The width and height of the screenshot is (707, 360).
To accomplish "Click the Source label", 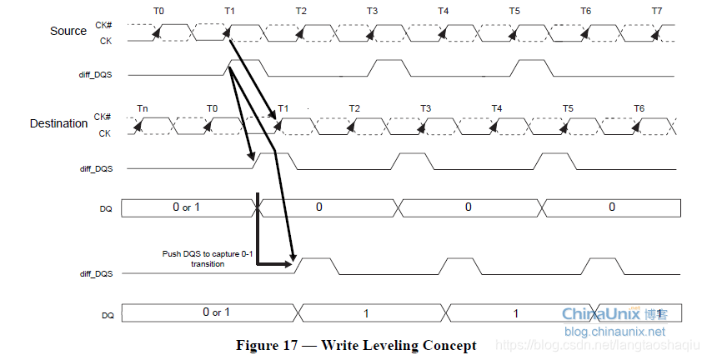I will coord(68,31).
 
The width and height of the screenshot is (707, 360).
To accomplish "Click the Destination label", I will coord(58,123).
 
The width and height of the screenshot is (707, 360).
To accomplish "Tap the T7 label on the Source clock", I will coord(657,11).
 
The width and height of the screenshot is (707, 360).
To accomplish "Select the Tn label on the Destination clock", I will coord(143,108).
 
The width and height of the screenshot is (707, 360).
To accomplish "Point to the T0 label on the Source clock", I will coord(159,11).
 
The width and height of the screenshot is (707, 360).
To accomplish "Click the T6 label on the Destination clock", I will coord(639,108).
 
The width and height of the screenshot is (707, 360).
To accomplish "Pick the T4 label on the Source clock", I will coord(443,11).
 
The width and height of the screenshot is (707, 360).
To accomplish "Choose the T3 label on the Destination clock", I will coord(425,108).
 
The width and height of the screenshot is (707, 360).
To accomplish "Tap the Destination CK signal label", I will coord(105,133).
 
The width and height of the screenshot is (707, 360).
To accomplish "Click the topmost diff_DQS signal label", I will coord(95,74).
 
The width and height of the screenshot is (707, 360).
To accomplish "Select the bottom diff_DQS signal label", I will coord(95,273).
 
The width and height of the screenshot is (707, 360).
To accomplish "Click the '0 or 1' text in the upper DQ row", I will coord(187,207).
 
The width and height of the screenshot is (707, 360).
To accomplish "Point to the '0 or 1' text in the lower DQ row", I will coord(217,312).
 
